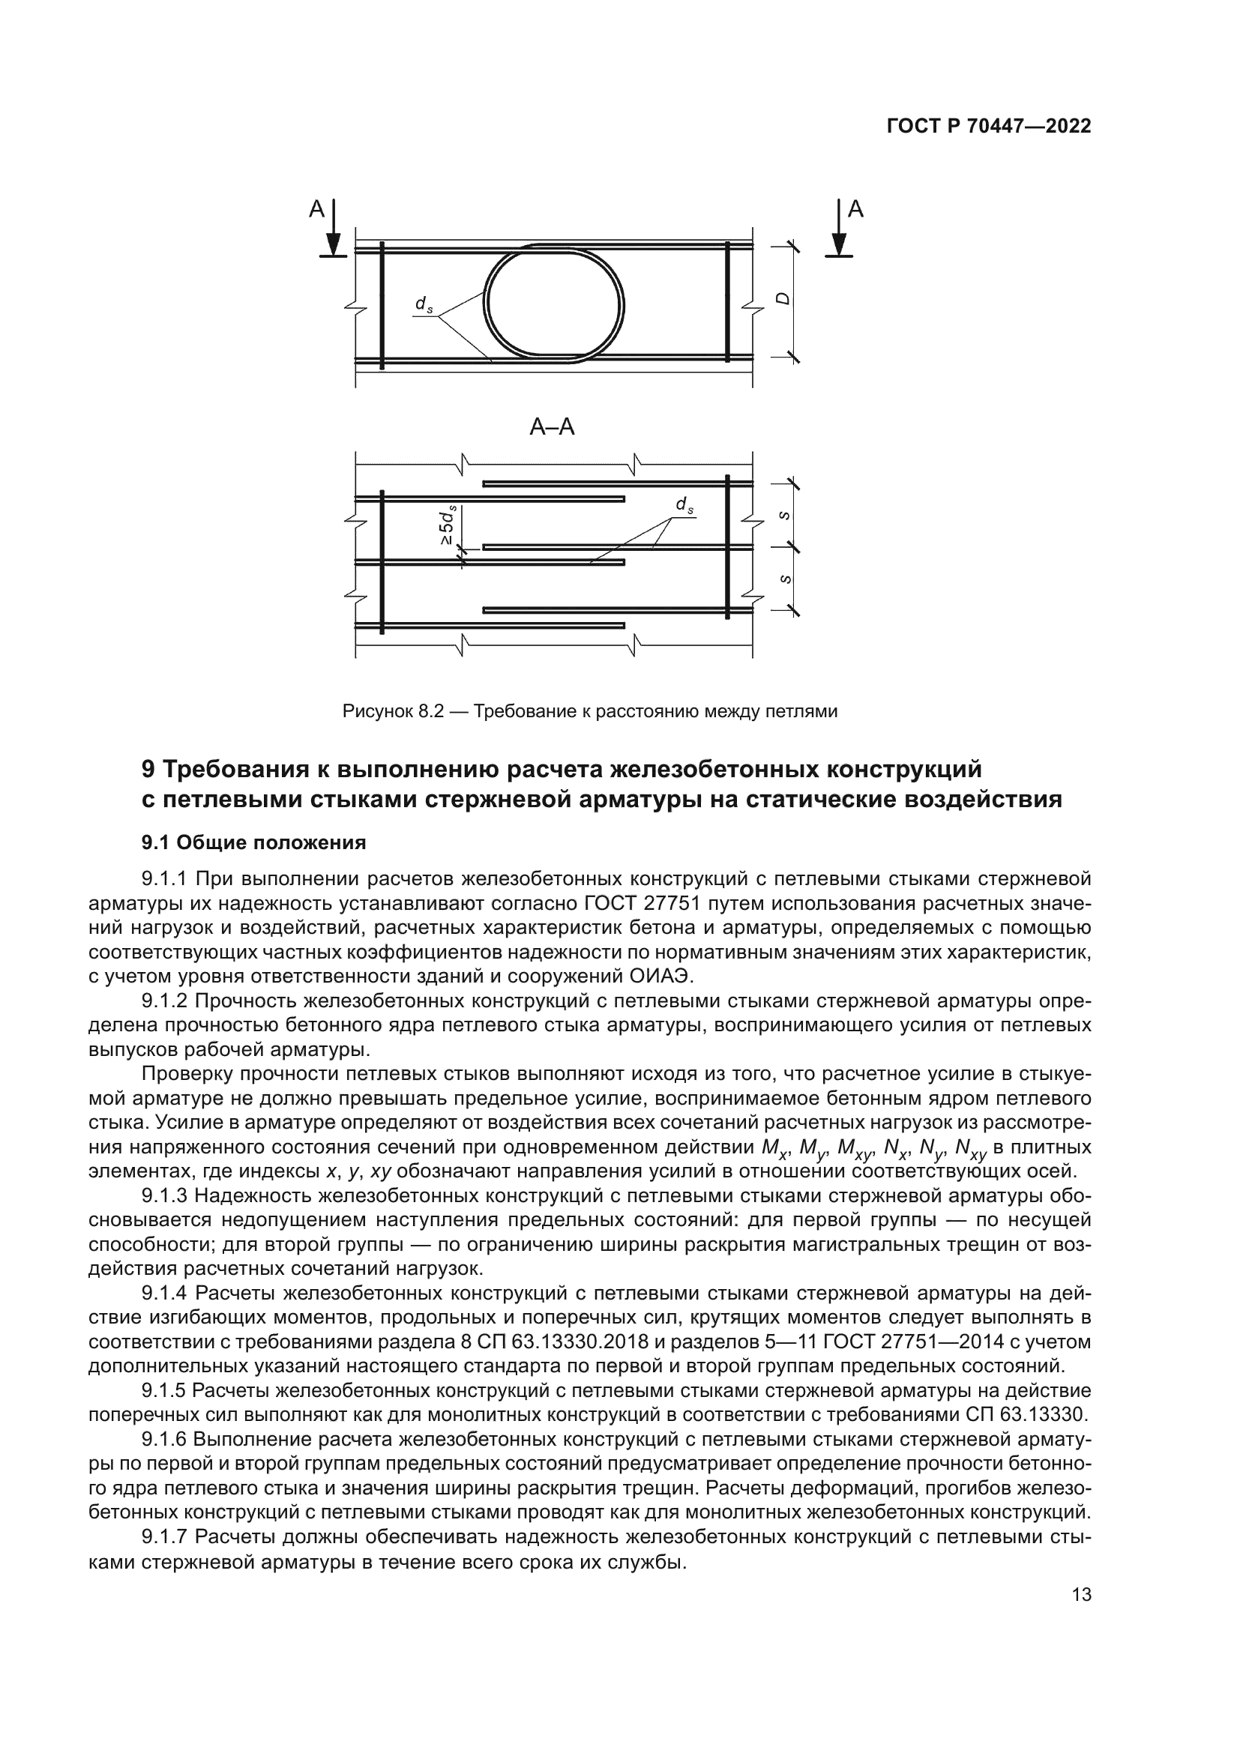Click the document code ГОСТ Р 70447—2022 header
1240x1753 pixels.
tap(988, 127)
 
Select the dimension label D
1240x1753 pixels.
tap(781, 300)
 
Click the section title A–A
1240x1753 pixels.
tap(551, 427)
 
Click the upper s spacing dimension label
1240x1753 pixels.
tap(784, 516)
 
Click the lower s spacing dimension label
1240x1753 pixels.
tap(784, 578)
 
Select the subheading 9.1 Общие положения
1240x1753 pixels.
tap(253, 842)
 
